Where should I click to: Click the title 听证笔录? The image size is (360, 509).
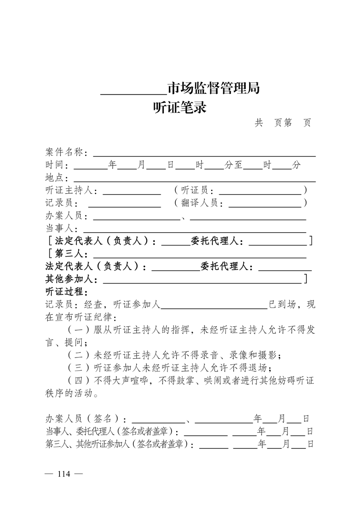[180, 108]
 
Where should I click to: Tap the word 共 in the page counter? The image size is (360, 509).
[259, 123]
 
